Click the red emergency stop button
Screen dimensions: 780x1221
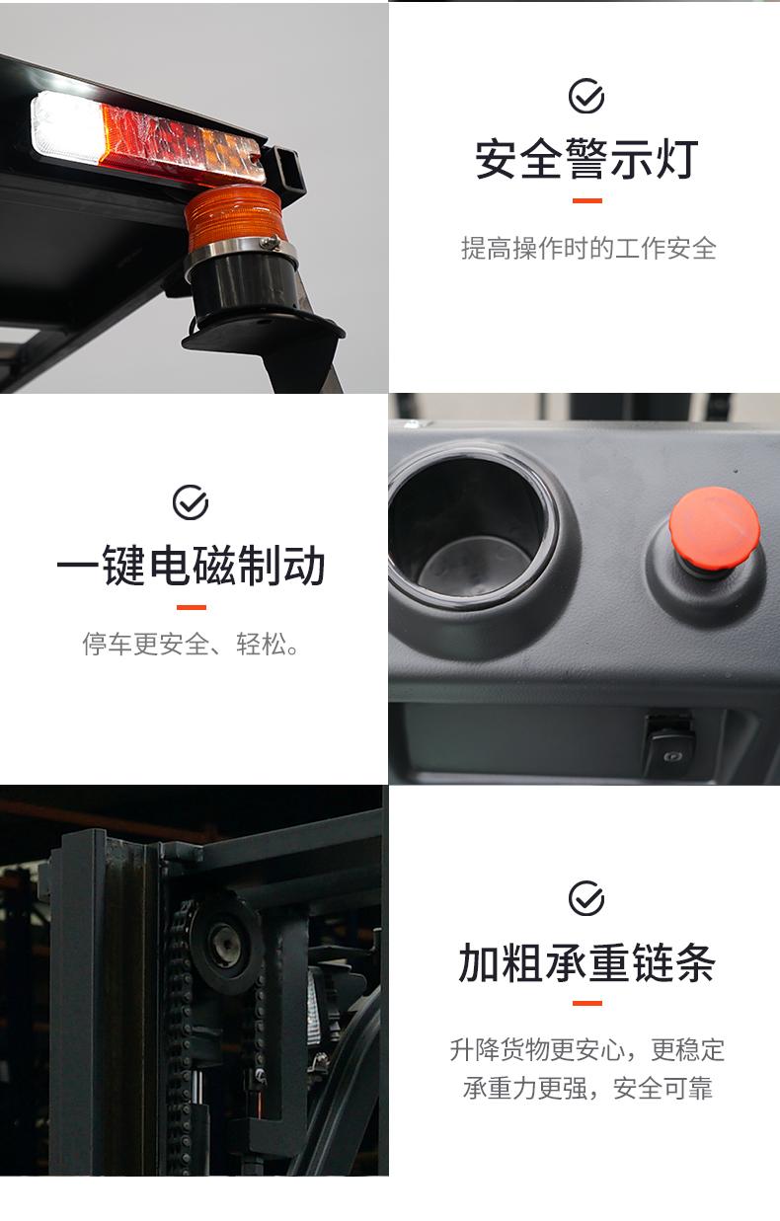[714, 524]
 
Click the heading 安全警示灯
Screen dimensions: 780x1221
[586, 159]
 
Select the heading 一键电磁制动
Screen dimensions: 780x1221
[191, 566]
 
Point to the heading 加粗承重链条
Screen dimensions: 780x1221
[586, 962]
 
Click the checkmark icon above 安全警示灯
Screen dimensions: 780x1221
[586, 97]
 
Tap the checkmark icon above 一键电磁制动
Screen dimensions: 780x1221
[191, 502]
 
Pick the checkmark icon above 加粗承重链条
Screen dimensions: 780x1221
[586, 898]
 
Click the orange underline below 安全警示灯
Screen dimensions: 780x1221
[587, 200]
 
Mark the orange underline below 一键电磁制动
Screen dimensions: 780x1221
[192, 607]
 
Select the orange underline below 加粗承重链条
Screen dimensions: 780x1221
[587, 1003]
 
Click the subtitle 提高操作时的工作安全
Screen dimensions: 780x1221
[588, 249]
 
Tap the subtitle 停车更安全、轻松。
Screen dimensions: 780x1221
[191, 644]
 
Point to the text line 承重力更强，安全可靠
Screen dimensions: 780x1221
[587, 1088]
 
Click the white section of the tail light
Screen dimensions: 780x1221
[66, 128]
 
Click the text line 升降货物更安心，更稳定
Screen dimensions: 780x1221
[587, 1050]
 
